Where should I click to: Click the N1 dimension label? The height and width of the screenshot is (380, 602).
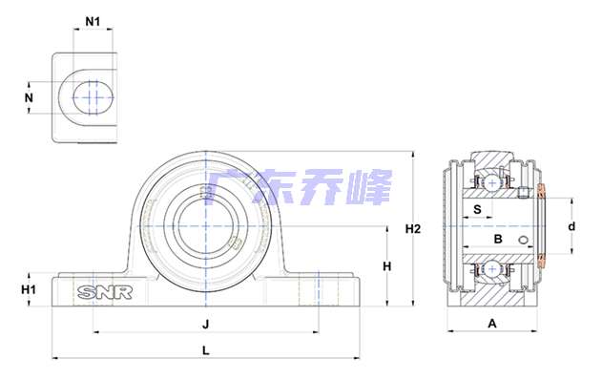pos(93,22)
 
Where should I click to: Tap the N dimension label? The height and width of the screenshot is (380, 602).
pos(29,98)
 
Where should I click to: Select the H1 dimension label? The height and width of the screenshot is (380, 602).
pos(29,289)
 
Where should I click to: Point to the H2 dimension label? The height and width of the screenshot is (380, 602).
pos(413,229)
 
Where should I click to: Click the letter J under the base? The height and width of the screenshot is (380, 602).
pos(206,325)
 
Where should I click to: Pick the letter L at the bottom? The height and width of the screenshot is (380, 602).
pos(206,350)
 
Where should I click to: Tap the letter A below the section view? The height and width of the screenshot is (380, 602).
pos(492,324)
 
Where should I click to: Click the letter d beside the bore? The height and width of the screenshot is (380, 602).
pos(571,226)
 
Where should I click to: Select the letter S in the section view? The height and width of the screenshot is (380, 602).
pos(477,209)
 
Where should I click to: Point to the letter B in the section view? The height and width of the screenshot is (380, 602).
pos(498,239)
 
